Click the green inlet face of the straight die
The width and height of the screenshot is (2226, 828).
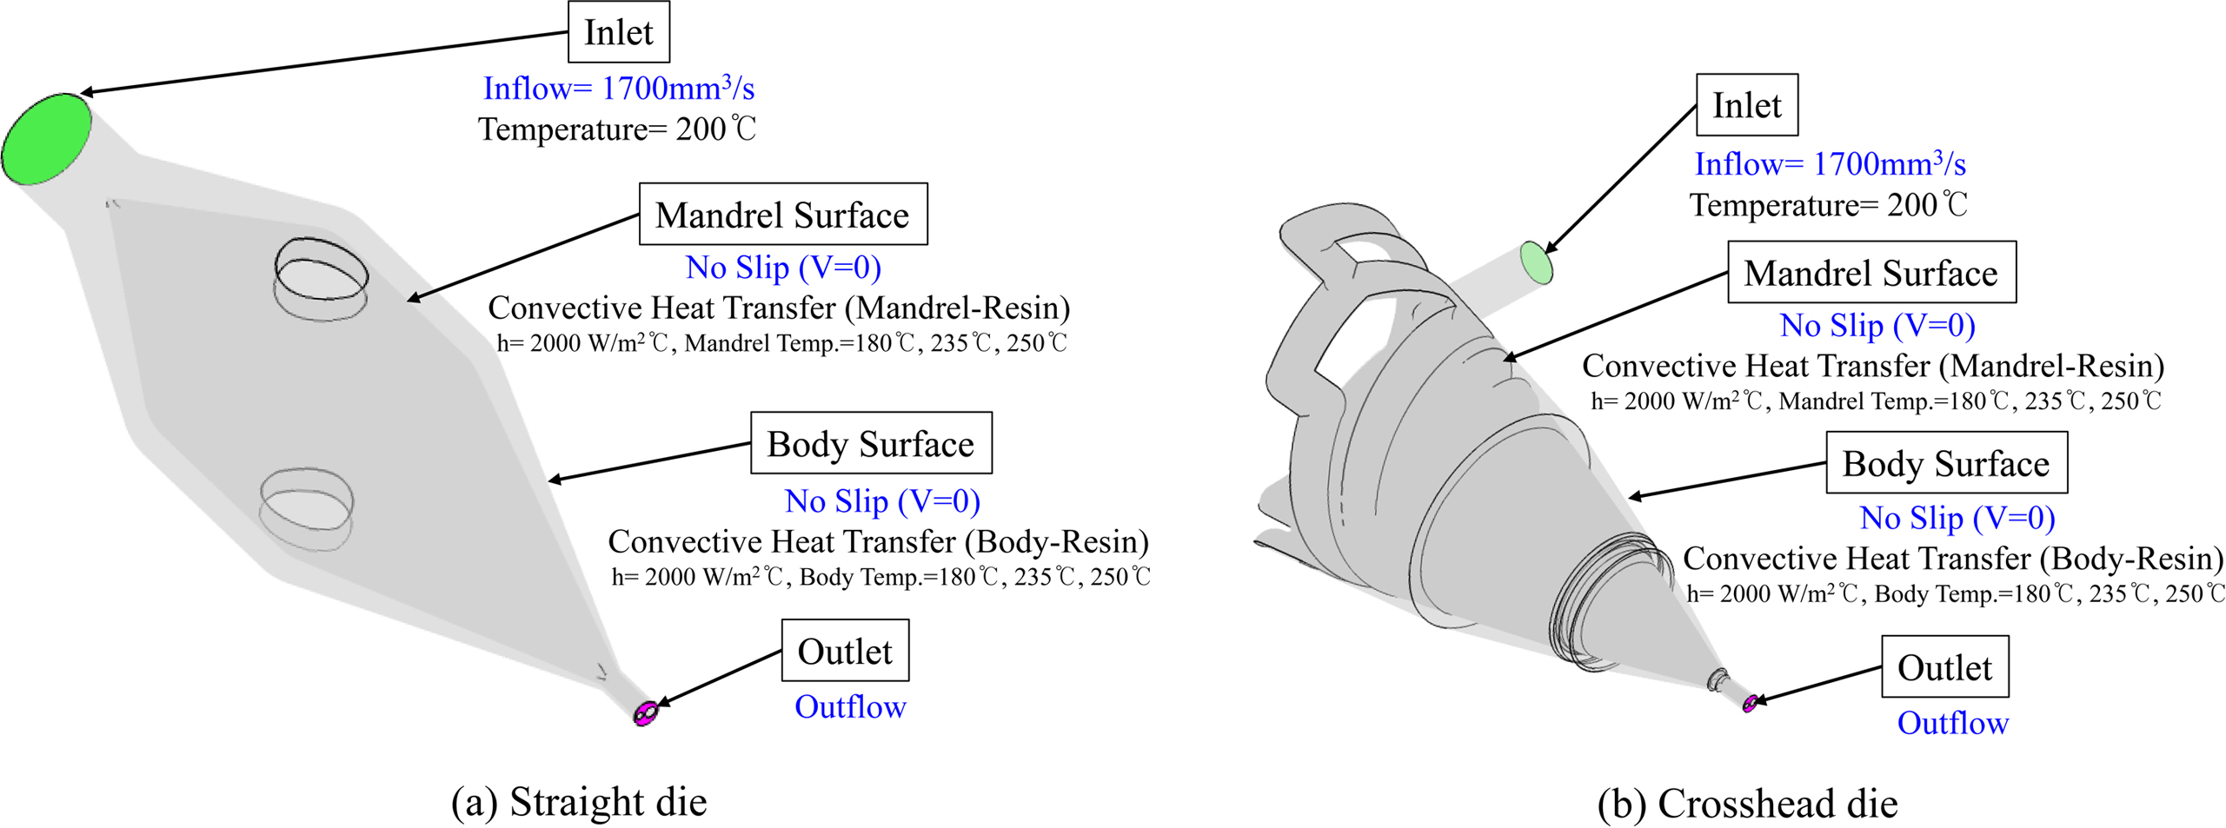(x=46, y=138)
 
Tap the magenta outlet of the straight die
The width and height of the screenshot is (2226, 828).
(x=646, y=713)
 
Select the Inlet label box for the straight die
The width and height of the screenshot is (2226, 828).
(x=618, y=33)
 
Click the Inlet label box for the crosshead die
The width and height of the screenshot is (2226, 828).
(x=1746, y=105)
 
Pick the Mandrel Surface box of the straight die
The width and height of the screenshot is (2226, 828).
(x=782, y=215)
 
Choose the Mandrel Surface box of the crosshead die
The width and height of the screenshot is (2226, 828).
(x=1871, y=273)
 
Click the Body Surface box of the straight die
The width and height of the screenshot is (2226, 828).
(x=870, y=443)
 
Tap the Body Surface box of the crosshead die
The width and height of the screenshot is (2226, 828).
(x=1945, y=463)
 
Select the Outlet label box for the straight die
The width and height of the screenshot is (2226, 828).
(x=844, y=651)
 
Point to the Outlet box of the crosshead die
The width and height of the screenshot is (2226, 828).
(x=1944, y=667)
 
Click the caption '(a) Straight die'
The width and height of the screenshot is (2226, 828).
(x=579, y=801)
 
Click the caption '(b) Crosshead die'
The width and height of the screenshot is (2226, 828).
(x=1747, y=803)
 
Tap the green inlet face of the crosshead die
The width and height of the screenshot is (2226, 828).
(x=1536, y=262)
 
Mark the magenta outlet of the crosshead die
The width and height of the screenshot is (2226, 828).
(x=1750, y=703)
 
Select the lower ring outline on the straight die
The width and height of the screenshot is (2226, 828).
(x=307, y=508)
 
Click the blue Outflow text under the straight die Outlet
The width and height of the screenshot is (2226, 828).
(x=850, y=707)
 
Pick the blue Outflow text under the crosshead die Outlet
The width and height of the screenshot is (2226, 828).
(x=1952, y=723)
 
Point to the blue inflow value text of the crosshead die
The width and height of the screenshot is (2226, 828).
(x=1830, y=164)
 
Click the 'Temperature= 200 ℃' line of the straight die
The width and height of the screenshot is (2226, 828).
(x=617, y=129)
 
